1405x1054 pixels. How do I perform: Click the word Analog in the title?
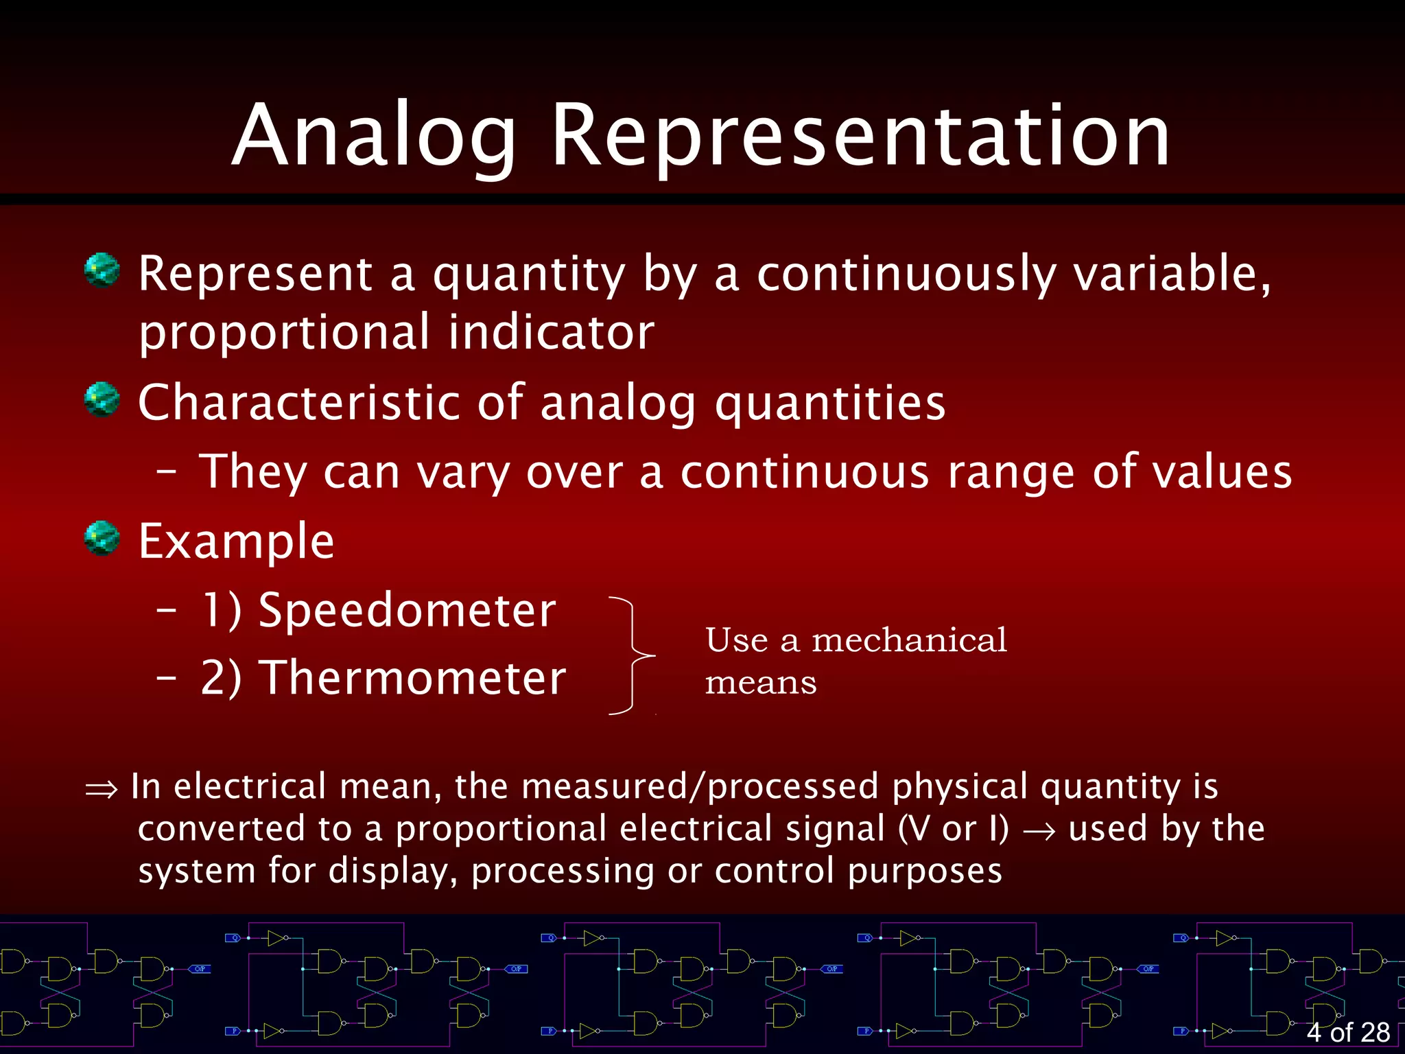click(x=374, y=135)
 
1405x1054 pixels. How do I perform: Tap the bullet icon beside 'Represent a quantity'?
click(x=102, y=270)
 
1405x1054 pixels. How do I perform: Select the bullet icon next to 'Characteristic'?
click(x=102, y=399)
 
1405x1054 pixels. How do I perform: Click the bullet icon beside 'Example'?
click(x=102, y=538)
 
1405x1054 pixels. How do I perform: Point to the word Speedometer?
click(x=408, y=610)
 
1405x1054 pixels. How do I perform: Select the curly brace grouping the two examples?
click(x=633, y=655)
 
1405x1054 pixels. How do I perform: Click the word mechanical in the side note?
click(x=909, y=640)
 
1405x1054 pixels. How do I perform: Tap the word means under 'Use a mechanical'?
click(x=761, y=683)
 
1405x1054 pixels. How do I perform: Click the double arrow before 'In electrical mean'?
click(x=102, y=790)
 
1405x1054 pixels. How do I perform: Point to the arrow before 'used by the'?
click(x=1039, y=832)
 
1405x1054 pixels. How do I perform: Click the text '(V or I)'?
click(x=954, y=829)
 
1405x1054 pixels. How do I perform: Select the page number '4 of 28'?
click(x=1348, y=1032)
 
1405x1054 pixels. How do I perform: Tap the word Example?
click(x=236, y=541)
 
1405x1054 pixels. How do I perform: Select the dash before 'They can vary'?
click(x=167, y=472)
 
